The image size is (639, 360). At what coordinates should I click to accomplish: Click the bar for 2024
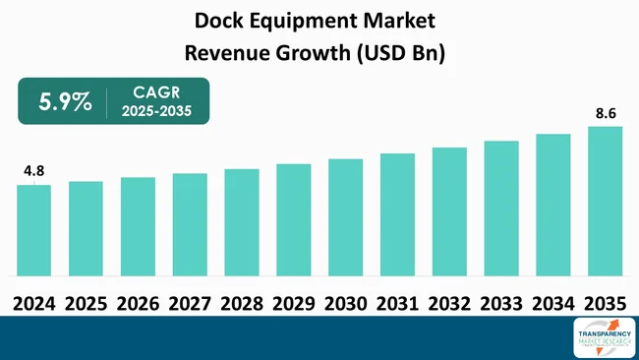click(33, 230)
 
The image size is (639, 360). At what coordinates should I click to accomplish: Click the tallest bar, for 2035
click(605, 201)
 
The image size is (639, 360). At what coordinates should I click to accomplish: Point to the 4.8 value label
click(33, 171)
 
